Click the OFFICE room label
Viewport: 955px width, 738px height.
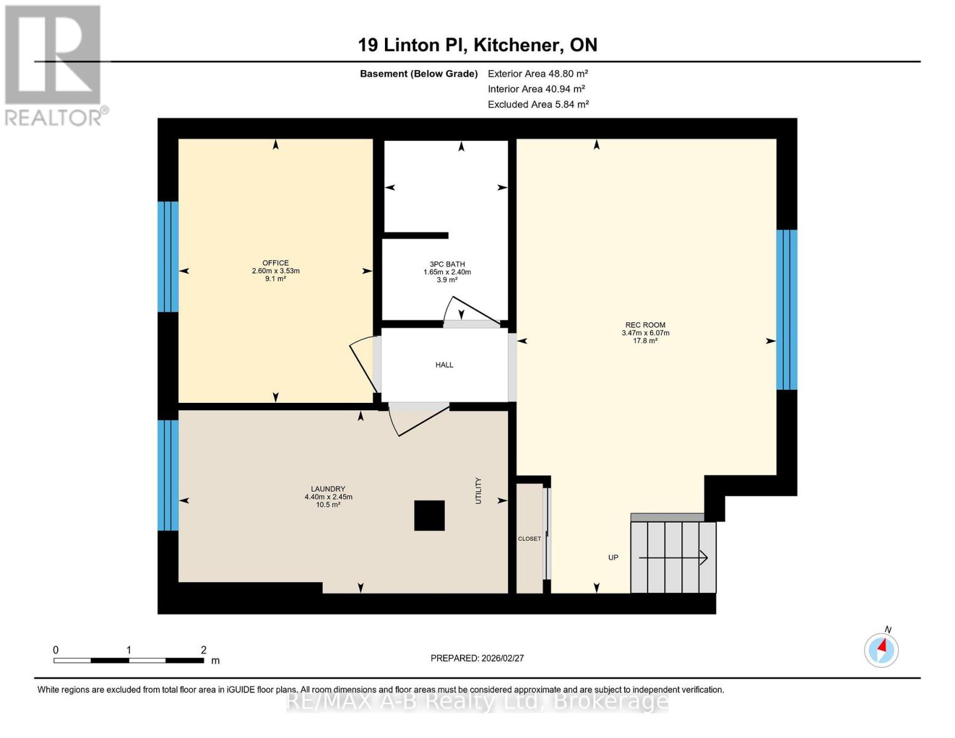275,263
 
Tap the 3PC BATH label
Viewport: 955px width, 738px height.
447,264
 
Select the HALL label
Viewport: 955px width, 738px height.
444,365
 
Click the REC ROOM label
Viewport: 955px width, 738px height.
645,325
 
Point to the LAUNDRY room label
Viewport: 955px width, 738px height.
328,490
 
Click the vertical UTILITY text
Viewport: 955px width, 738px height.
478,491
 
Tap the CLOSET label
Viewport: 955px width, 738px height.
529,539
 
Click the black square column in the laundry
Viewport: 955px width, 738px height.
429,515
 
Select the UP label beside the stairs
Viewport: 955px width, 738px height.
613,558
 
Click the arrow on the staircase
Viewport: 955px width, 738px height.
673,558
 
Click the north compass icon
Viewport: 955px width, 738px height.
881,649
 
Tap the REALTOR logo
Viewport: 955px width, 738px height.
53,65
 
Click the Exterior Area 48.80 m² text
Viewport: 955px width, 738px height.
538,74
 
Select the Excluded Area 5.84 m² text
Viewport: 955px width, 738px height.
538,105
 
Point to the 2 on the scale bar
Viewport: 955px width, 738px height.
204,650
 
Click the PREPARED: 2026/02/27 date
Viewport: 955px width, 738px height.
477,658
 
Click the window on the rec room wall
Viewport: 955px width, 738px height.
787,310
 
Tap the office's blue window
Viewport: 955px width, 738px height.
168,257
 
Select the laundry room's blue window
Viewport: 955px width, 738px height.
168,475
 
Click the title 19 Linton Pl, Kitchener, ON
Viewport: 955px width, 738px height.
477,45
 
